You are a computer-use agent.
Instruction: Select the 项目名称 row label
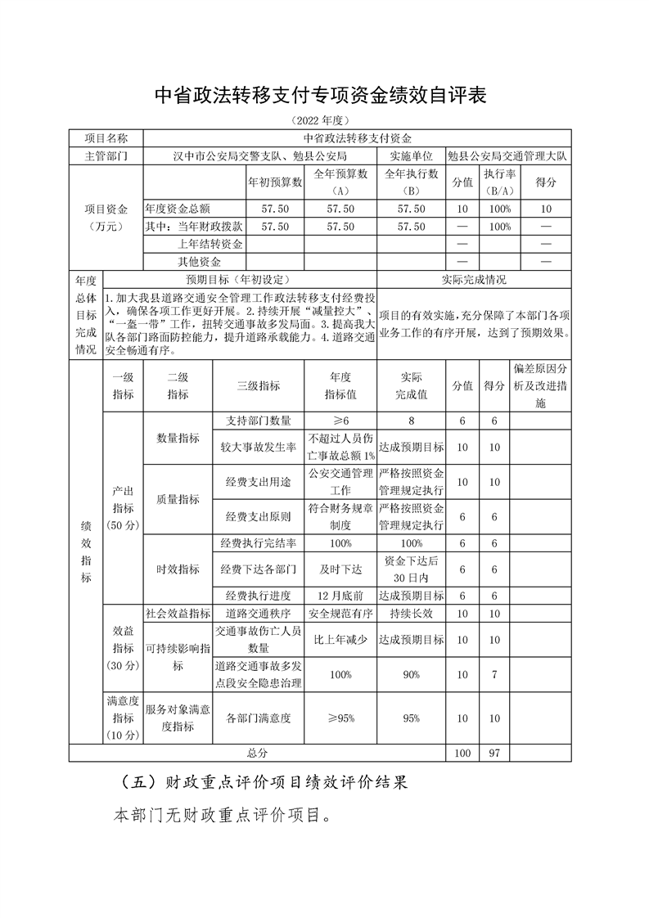[106, 138]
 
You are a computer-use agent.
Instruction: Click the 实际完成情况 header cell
[474, 279]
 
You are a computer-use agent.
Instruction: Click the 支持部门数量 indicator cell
[259, 421]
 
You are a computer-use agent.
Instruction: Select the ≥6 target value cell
[340, 421]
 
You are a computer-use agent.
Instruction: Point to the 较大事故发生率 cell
[259, 448]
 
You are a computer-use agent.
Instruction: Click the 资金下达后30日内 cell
[412, 569]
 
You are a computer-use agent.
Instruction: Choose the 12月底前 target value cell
[340, 596]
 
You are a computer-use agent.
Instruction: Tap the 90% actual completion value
[412, 674]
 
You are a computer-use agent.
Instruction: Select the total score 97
[494, 753]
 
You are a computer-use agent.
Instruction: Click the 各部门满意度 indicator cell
[259, 718]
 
